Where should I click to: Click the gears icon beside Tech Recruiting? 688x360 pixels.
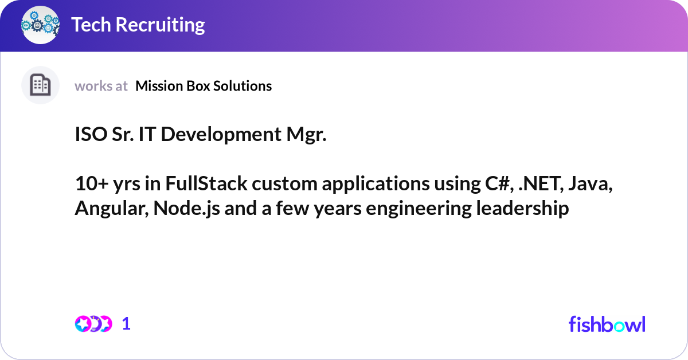tap(40, 25)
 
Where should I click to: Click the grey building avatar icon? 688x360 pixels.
tap(40, 85)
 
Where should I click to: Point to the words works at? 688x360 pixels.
tap(101, 86)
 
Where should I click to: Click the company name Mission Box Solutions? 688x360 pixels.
tap(204, 86)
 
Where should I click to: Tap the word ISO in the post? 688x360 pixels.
tap(89, 135)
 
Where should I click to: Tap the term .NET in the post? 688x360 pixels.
tap(537, 185)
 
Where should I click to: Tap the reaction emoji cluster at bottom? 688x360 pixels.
tap(93, 324)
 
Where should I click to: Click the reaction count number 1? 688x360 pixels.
tap(126, 324)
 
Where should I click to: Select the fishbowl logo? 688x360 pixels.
tap(607, 324)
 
